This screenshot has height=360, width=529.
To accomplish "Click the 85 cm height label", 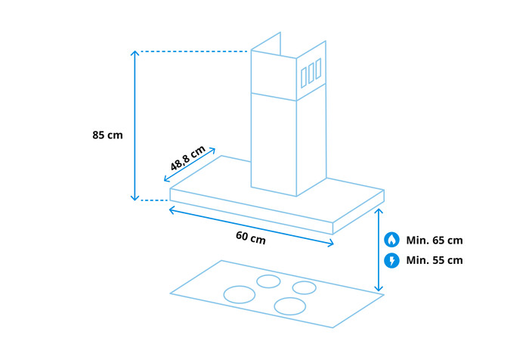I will (107, 135).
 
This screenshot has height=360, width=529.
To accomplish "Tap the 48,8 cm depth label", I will (188, 158).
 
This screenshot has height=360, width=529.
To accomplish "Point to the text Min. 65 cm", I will (434, 241).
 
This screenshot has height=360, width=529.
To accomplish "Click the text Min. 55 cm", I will (434, 260).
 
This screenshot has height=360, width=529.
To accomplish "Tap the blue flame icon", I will (391, 241).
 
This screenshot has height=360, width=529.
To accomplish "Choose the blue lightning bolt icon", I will (391, 260).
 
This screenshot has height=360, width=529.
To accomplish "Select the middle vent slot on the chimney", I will (311, 72).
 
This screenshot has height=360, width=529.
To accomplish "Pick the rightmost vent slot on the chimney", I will (319, 68).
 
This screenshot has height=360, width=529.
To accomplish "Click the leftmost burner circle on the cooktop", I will (240, 294).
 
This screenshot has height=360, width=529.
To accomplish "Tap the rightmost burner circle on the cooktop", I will (305, 287).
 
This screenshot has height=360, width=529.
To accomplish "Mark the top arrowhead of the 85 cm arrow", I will (135, 52).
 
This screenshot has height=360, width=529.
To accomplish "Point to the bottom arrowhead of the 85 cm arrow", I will (135, 199).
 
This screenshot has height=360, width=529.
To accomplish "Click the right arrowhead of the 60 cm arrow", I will (332, 243).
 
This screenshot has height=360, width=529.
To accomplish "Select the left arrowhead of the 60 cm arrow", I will (171, 209).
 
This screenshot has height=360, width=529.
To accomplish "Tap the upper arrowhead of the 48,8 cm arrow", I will (214, 150).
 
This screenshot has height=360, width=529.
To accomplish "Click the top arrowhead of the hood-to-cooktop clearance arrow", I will (379, 211).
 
